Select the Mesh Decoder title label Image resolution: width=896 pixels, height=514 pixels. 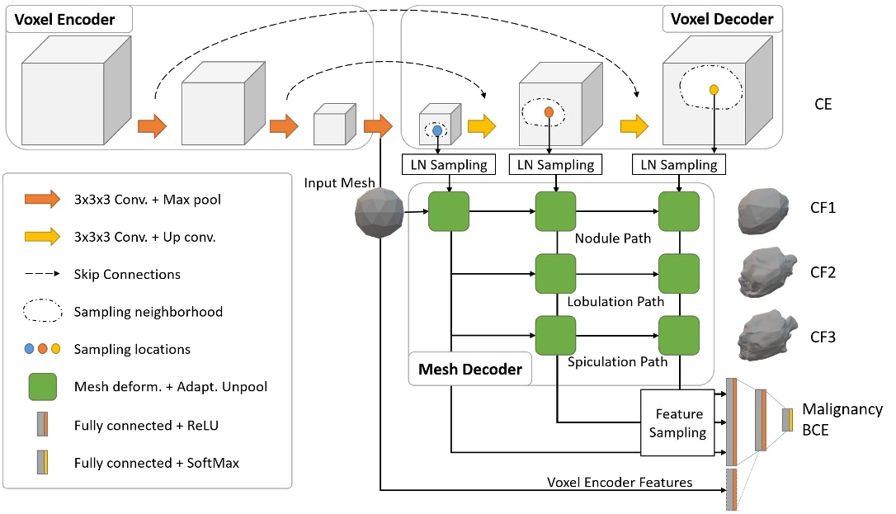pos(470,369)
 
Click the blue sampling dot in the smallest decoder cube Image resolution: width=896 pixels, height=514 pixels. pos(437,130)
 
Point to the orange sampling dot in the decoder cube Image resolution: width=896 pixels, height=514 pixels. pos(549,111)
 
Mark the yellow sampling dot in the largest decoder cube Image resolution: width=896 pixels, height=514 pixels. pos(714,89)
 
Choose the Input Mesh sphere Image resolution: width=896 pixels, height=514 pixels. pos(379,216)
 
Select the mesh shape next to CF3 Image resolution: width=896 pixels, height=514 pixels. pos(766,335)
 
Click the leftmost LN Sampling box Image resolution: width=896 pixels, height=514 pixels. pos(449,165)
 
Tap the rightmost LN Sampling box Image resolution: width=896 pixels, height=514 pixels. pos(679,165)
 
